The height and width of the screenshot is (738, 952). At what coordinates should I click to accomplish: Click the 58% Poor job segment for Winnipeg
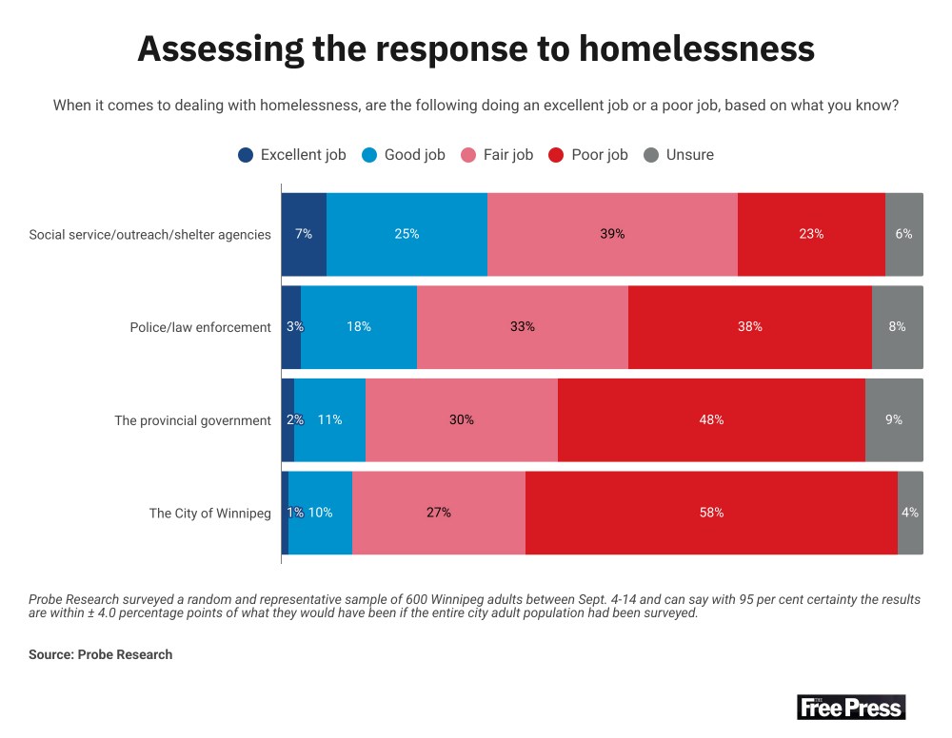tap(711, 513)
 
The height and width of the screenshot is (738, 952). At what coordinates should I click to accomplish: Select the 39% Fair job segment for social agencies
tap(612, 234)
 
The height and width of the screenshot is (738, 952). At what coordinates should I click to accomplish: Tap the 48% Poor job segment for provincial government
tap(711, 419)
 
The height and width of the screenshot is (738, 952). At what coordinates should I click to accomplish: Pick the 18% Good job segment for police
tap(359, 326)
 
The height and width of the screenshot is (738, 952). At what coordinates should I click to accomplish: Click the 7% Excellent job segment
tap(304, 234)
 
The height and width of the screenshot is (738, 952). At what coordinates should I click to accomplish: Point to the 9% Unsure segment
tap(894, 419)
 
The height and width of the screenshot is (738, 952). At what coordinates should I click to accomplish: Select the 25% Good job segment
tap(407, 234)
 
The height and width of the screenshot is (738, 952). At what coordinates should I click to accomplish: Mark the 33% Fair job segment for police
tap(523, 326)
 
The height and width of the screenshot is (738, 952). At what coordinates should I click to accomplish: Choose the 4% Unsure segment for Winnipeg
tap(910, 513)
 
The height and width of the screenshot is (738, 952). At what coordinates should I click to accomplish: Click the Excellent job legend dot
tap(246, 155)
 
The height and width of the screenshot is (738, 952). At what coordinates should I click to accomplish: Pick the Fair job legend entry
tap(497, 155)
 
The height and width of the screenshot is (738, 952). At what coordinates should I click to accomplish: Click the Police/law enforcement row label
tap(200, 327)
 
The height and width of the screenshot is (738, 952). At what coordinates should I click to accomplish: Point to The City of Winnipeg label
tap(209, 514)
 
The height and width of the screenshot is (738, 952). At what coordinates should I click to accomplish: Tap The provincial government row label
tap(192, 420)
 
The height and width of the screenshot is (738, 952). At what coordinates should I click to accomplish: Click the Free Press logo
tap(850, 707)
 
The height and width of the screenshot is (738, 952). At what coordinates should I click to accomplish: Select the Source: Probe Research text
tap(100, 654)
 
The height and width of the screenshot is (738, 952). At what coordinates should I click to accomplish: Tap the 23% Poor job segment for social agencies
tap(811, 234)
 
